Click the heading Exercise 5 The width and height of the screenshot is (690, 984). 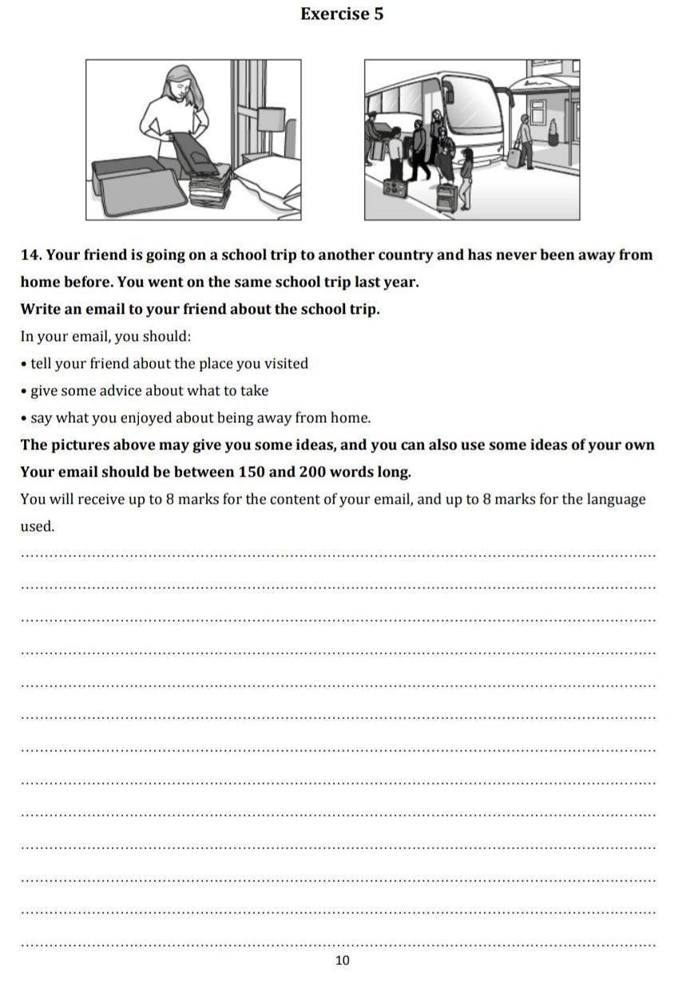pos(342,14)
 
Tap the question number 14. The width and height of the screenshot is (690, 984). pos(30,255)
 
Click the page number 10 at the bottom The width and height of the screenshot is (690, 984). pos(343,960)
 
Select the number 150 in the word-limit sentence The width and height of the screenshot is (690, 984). pos(252,472)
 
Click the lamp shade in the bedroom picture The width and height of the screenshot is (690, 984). pos(272,120)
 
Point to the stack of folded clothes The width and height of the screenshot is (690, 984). pos(209,192)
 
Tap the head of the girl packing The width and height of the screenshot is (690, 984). pos(180,81)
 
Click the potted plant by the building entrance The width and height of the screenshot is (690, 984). pos(553,132)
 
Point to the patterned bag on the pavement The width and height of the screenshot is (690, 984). pos(395,190)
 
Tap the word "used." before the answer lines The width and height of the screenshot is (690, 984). pos(38,527)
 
